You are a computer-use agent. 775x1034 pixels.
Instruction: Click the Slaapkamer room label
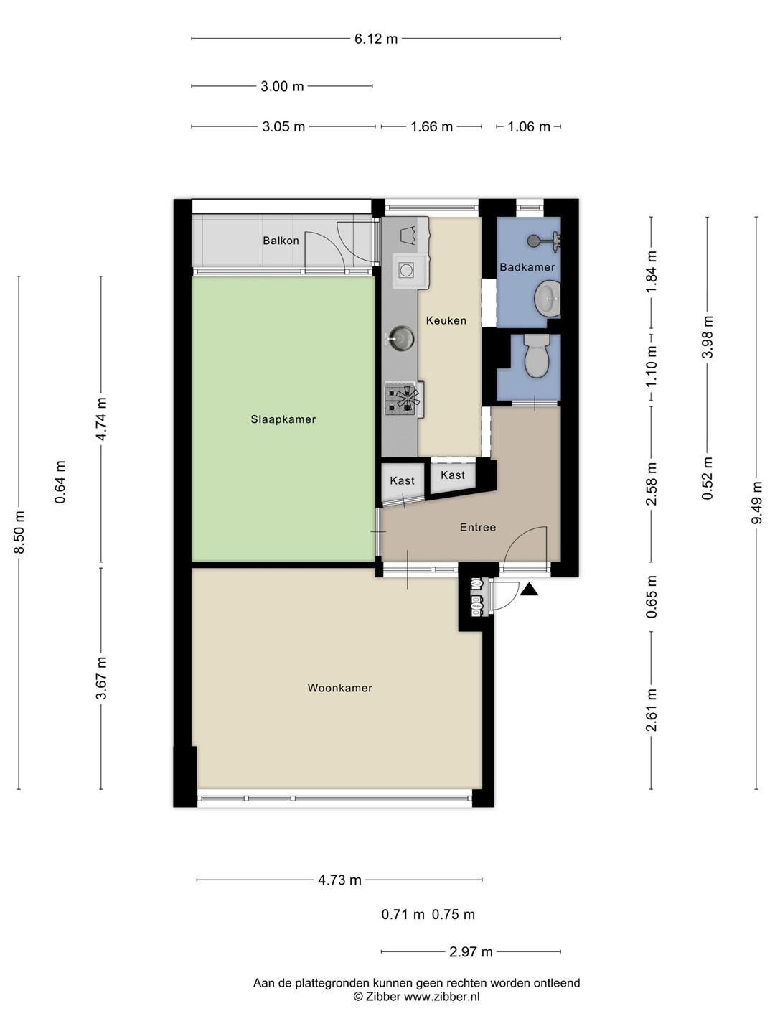[283, 419]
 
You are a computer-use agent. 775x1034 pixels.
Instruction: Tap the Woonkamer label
[339, 688]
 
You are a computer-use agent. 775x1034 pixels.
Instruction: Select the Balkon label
[281, 241]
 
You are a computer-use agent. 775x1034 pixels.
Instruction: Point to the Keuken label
[446, 320]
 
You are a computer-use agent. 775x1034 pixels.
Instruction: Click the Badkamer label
[527, 267]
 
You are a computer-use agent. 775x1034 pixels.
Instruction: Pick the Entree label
[478, 527]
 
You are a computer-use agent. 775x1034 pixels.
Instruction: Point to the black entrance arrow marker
[530, 590]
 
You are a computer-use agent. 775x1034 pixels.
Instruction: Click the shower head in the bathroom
[534, 241]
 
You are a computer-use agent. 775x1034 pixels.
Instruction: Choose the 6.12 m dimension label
[376, 39]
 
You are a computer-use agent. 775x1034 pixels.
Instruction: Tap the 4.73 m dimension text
[339, 880]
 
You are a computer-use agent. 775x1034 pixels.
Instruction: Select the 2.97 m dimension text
[471, 952]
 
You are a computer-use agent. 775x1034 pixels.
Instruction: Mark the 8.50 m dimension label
[19, 532]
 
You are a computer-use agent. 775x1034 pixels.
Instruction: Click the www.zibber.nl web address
[442, 997]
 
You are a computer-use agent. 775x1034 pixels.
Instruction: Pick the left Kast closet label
[403, 480]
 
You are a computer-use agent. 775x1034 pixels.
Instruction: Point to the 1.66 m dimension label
[431, 126]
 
